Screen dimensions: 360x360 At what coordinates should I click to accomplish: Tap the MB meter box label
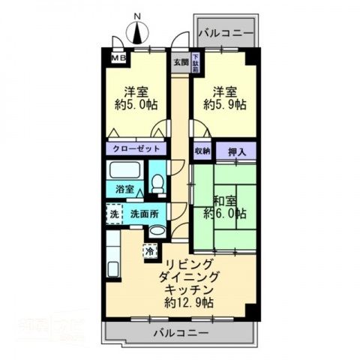pos(119,57)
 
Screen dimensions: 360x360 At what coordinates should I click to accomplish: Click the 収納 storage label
pos(202,151)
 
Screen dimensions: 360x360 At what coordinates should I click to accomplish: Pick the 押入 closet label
pos(237,151)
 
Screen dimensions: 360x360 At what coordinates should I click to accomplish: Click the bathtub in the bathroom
pos(124,170)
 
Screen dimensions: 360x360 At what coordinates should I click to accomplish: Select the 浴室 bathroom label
pos(124,189)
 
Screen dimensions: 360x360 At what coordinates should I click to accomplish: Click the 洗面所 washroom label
pos(144,213)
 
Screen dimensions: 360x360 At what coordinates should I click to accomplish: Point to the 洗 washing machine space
pos(114,214)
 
